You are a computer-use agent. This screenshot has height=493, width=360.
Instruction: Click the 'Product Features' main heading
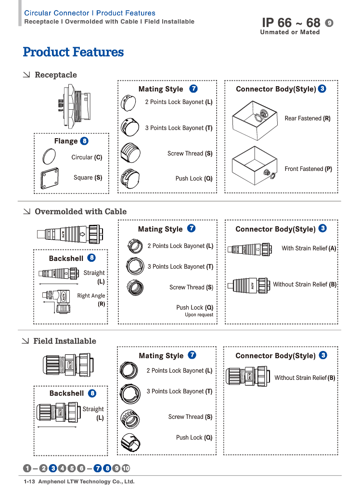pyautogui.click(x=73, y=52)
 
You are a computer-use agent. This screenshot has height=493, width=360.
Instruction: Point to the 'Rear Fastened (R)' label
pyautogui.click(x=308, y=118)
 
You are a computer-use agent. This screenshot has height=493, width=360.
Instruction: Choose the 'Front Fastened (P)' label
pyautogui.click(x=308, y=169)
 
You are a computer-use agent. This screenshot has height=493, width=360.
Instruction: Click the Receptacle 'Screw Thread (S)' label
pyautogui.click(x=190, y=154)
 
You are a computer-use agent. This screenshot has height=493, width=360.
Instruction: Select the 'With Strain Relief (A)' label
pyautogui.click(x=309, y=248)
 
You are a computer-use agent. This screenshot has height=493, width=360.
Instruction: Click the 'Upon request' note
pyautogui.click(x=199, y=315)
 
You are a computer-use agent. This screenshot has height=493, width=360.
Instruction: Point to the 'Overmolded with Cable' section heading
pyautogui.click(x=80, y=211)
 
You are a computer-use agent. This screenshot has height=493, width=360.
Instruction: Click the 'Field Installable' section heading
pyautogui.click(x=64, y=341)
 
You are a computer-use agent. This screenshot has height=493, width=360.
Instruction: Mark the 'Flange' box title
pyautogui.click(x=65, y=141)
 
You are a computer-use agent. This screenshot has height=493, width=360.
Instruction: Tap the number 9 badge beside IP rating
pyautogui.click(x=329, y=23)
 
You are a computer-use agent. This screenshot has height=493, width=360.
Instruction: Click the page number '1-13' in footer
pyautogui.click(x=30, y=481)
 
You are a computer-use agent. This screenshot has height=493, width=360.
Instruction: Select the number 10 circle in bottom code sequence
pyautogui.click(x=126, y=468)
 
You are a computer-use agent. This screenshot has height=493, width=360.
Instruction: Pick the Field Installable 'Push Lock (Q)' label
pyautogui.click(x=194, y=438)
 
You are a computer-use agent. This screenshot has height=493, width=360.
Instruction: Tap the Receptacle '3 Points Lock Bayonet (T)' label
pyautogui.click(x=179, y=128)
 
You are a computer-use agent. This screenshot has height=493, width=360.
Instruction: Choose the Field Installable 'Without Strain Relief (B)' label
pyautogui.click(x=305, y=378)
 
